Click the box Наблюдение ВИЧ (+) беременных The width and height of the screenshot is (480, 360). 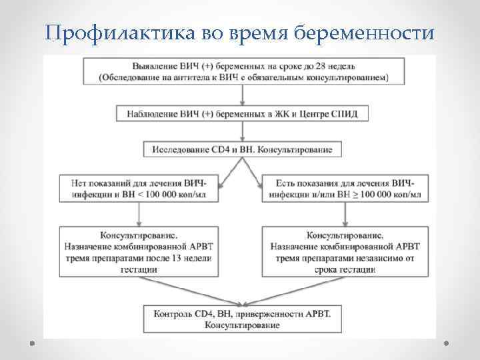click(x=242, y=114)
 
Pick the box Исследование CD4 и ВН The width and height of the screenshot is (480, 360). click(x=242, y=149)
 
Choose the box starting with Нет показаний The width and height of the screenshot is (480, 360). click(x=138, y=188)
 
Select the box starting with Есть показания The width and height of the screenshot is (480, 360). click(x=343, y=188)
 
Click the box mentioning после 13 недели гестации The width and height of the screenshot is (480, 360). click(x=139, y=252)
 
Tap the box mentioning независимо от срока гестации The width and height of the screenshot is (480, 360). click(x=343, y=252)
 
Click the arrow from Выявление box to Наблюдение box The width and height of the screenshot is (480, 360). click(x=242, y=95)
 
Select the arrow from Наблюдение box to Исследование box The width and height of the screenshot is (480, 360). click(x=242, y=131)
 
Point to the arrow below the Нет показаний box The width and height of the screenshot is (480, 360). click(x=139, y=214)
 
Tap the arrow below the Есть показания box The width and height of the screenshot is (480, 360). click(x=344, y=214)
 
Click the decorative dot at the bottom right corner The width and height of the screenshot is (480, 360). click(x=447, y=343)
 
